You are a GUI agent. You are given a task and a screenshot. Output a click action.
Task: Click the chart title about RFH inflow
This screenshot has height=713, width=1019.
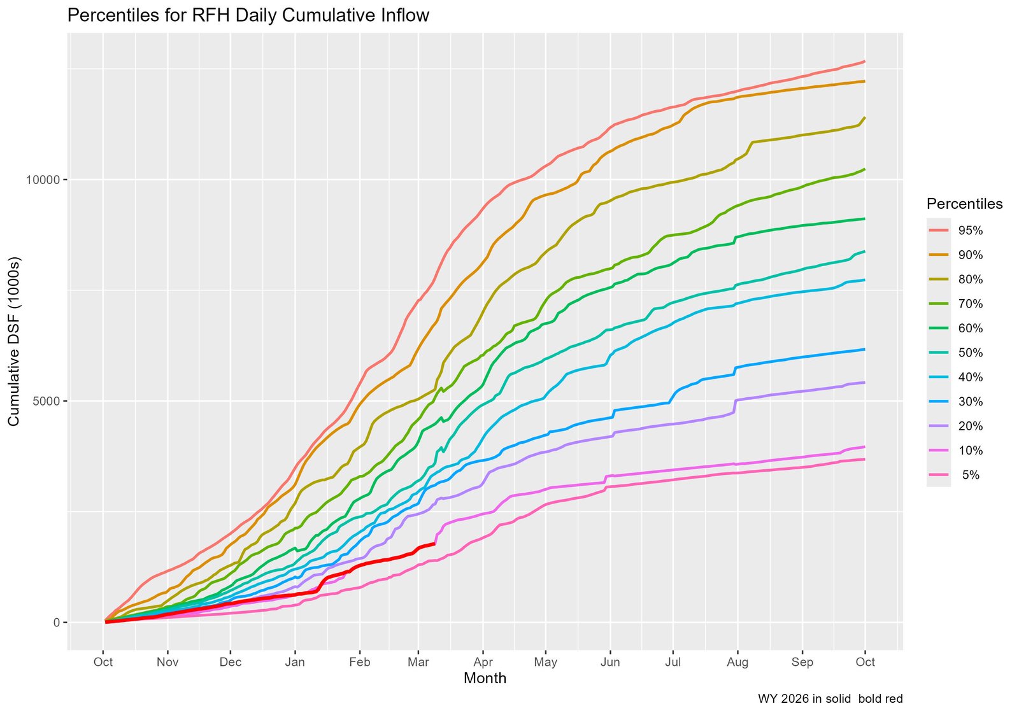pos(248,16)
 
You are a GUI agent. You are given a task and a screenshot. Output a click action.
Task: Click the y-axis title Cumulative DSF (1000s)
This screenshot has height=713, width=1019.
pos(14,342)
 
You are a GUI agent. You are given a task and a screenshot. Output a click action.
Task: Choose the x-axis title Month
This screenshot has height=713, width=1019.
pos(485,679)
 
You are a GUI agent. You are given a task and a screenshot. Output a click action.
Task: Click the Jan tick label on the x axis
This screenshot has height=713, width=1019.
pos(295,662)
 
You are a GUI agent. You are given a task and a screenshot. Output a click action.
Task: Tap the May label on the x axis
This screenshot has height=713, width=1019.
pos(546,662)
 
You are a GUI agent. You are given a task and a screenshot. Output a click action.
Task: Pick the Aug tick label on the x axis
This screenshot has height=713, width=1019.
pos(738,662)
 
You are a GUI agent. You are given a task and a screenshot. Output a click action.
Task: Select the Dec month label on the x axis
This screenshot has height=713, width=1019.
pos(231,662)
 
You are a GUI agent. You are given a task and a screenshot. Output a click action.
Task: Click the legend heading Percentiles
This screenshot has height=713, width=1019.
pos(964,204)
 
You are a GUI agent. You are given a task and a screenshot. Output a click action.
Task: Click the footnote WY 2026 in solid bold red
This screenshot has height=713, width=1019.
pos(830,699)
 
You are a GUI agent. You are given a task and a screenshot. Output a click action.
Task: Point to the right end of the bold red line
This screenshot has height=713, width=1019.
pos(434,544)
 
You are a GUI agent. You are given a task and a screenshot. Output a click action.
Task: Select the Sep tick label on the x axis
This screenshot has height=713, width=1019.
pos(802,662)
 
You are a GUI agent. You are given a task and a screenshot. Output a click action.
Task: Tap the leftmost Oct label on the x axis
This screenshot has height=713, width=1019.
pos(103,662)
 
